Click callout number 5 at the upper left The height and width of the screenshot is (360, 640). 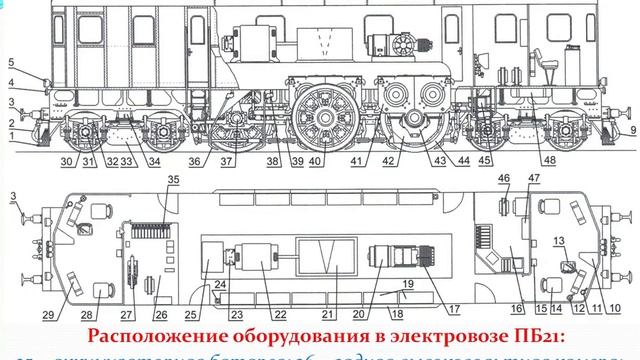(9, 61)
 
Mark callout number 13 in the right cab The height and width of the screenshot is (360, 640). (560, 240)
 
